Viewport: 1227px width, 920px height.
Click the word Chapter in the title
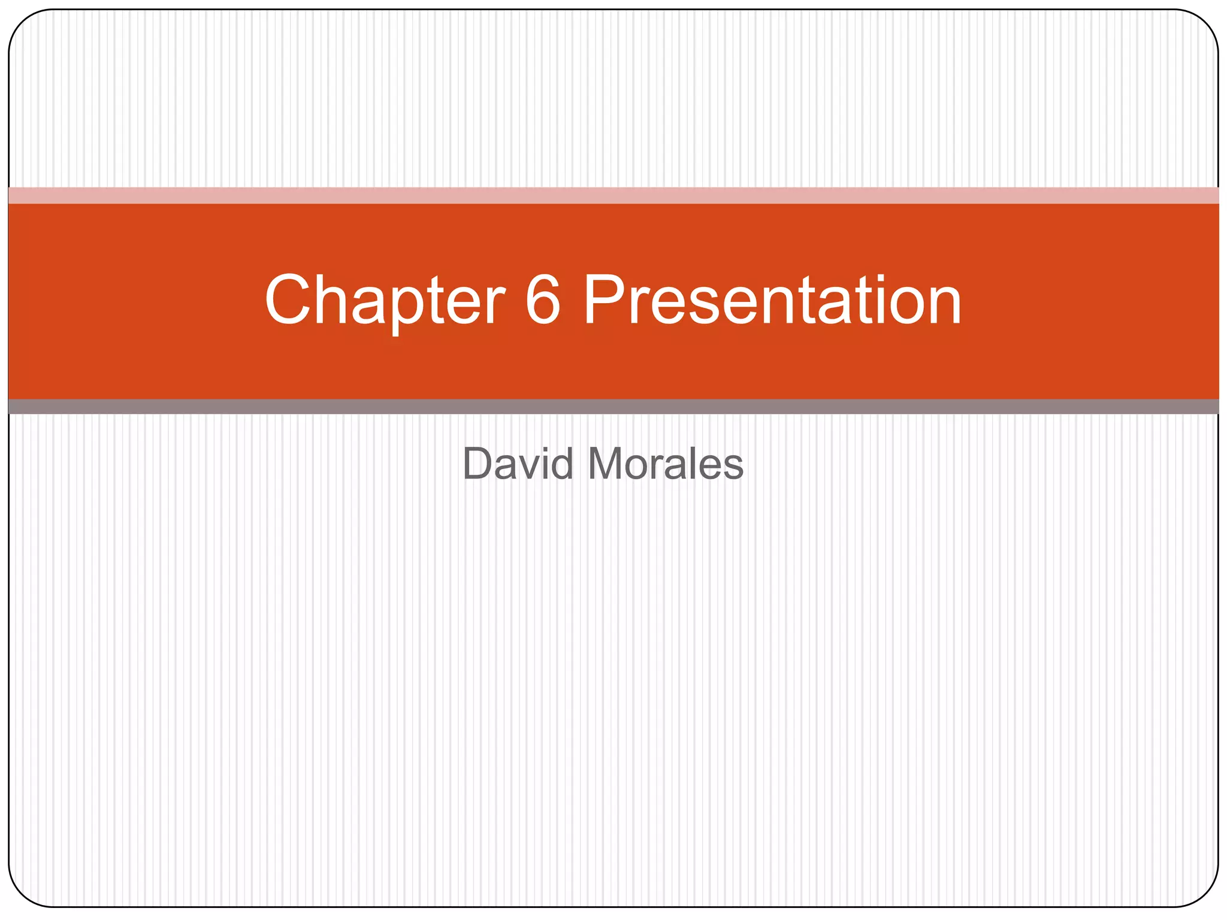tap(385, 301)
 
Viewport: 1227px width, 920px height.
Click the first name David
tap(518, 464)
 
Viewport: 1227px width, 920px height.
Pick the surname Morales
tap(666, 464)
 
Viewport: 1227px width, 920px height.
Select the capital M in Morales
tap(606, 464)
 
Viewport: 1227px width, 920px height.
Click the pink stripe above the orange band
tap(613, 195)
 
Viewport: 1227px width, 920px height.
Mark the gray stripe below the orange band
tap(613, 407)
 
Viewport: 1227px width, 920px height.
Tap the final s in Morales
tap(733, 468)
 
